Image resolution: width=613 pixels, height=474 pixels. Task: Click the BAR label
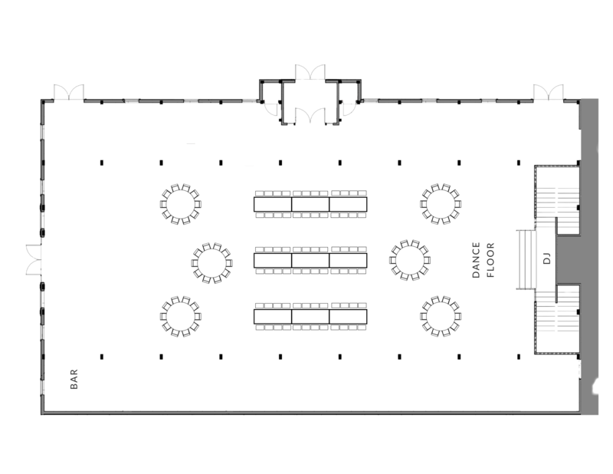(74, 379)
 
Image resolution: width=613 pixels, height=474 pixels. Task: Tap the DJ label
(547, 258)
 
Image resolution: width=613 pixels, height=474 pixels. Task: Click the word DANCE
(476, 260)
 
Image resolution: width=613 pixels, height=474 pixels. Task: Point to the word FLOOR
(490, 260)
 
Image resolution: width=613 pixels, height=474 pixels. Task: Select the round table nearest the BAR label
(181, 316)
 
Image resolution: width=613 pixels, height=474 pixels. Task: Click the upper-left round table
(181, 204)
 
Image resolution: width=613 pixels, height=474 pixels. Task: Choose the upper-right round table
(441, 204)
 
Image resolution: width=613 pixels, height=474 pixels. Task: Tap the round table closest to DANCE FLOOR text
(410, 260)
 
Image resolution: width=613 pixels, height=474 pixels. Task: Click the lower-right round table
(441, 316)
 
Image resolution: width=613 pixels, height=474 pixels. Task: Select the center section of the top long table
(310, 204)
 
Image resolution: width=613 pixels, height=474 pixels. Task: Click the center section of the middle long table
(310, 260)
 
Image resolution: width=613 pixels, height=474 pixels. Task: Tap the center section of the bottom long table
(310, 316)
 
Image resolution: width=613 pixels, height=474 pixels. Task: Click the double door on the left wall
(34, 259)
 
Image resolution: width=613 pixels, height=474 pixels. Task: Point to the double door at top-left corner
(68, 92)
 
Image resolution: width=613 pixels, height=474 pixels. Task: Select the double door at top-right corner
(549, 92)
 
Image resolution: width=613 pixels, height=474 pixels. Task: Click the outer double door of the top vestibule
(310, 72)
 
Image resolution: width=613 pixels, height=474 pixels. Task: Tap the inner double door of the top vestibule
(310, 116)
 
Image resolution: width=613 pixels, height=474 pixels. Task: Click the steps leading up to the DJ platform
(526, 259)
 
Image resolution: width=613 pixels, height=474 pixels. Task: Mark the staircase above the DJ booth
(557, 199)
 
